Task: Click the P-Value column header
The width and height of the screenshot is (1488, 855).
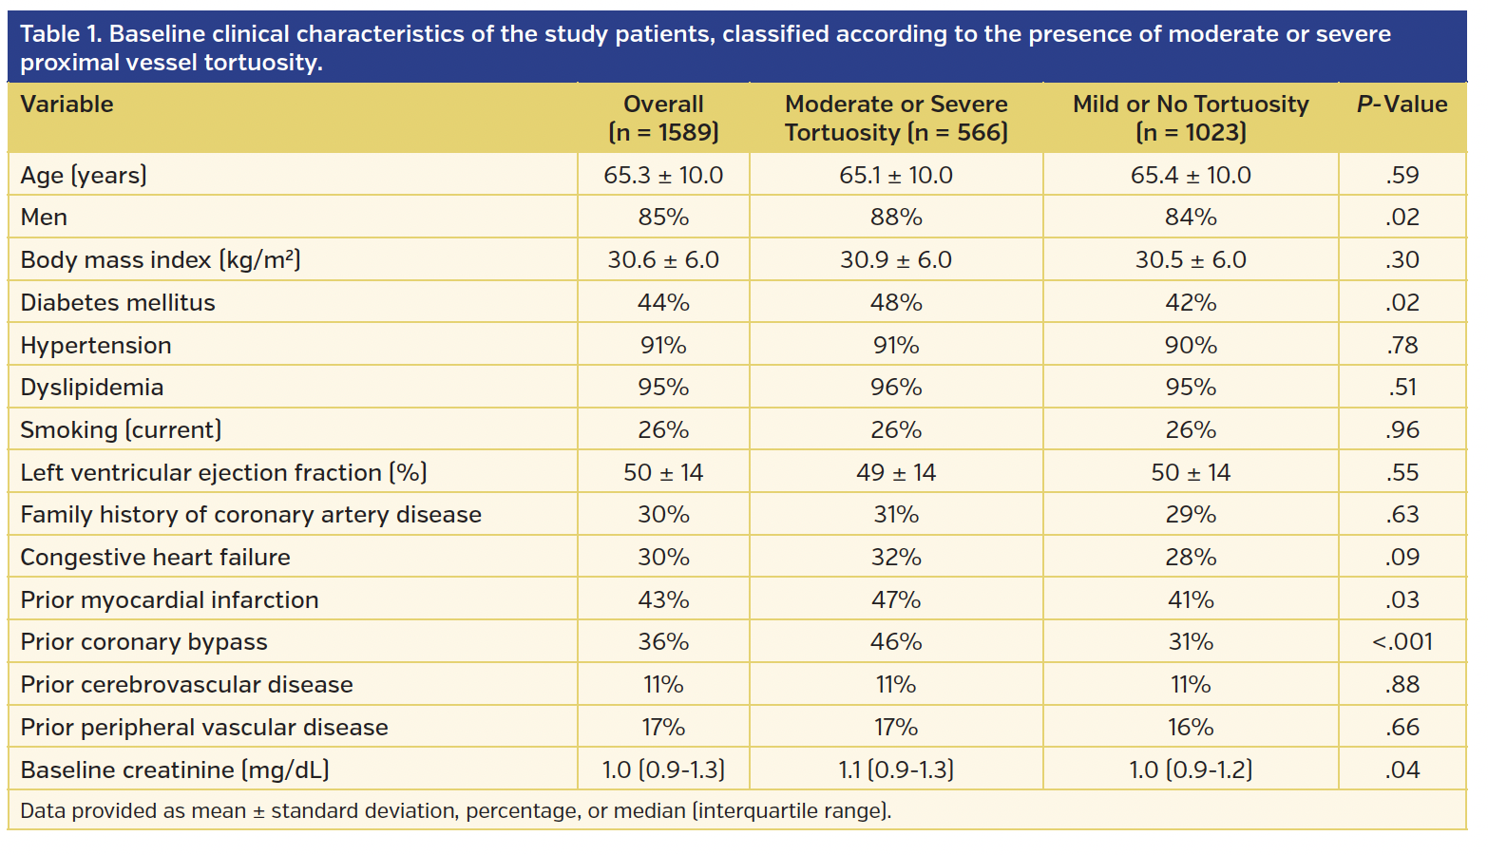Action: (1402, 104)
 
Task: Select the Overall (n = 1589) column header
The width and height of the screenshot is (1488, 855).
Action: (663, 118)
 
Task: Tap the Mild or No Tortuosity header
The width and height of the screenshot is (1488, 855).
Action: (1191, 118)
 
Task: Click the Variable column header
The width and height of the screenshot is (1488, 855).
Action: (67, 104)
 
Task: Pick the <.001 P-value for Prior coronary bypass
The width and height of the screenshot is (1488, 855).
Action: (1402, 642)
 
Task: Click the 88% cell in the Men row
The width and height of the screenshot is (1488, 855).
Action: (896, 218)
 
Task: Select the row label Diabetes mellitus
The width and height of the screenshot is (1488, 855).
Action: (118, 303)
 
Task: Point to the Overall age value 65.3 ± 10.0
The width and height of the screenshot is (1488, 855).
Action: (663, 176)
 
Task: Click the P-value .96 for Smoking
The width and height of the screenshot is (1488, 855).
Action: (1402, 430)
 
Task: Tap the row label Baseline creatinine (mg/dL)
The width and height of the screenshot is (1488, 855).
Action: (175, 770)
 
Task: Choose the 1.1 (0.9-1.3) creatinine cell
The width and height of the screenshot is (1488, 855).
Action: (896, 770)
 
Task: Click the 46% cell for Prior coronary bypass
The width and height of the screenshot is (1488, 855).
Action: (896, 642)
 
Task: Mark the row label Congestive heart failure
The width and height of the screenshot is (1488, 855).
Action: (155, 558)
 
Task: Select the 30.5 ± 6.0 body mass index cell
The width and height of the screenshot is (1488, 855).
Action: (1191, 260)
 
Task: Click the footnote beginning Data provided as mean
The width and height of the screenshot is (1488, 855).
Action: (455, 811)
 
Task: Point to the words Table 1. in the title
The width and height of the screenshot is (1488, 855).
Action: (61, 34)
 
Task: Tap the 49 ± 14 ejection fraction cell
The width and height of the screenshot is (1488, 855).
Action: (896, 473)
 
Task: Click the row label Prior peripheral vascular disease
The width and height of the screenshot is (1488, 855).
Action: (204, 728)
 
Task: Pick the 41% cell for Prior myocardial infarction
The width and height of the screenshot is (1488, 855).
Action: (1191, 600)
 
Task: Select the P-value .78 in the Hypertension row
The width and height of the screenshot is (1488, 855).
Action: (1402, 346)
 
